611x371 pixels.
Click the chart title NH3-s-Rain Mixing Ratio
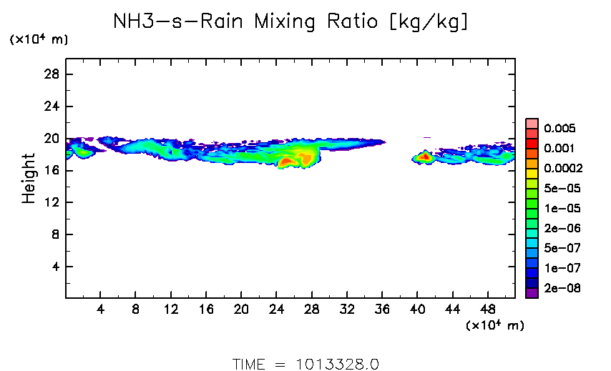coord(290,22)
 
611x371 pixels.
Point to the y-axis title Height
coord(29,178)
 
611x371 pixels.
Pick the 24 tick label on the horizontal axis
coord(276,309)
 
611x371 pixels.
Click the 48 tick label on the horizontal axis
coord(487,309)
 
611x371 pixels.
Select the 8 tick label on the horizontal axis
coord(135,309)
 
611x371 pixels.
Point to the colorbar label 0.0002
coord(563,169)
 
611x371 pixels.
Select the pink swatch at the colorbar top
coord(532,123)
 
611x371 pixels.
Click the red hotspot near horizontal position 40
coord(424,156)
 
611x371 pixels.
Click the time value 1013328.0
coord(337,363)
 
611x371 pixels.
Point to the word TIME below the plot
coord(249,363)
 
